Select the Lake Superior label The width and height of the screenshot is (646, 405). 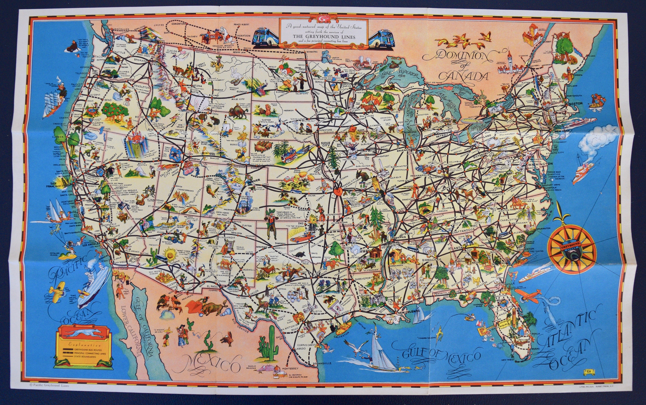click(x=400, y=74)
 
